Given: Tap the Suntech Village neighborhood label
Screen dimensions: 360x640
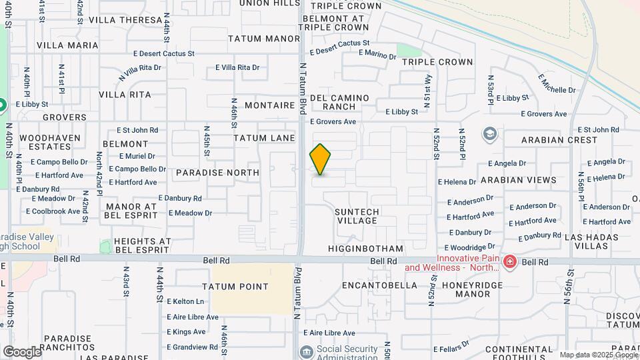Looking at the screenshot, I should tap(357, 216).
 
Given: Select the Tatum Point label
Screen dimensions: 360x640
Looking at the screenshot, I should tap(239, 287).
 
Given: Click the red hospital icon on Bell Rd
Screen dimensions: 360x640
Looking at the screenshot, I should tap(511, 262).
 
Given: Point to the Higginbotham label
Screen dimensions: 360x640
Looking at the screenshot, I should tap(366, 249).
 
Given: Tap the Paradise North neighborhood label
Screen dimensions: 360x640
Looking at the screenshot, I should tap(217, 173).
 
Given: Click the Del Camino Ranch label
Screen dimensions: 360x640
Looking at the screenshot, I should tap(340, 102).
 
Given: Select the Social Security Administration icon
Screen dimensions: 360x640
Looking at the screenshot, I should tap(306, 351).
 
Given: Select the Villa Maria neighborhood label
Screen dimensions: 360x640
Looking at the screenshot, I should tap(67, 45).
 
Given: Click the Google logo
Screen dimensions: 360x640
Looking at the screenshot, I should tap(22, 351).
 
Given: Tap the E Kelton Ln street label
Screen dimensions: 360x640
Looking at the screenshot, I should tap(185, 301).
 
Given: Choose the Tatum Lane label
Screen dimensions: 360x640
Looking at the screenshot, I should tap(264, 138).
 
